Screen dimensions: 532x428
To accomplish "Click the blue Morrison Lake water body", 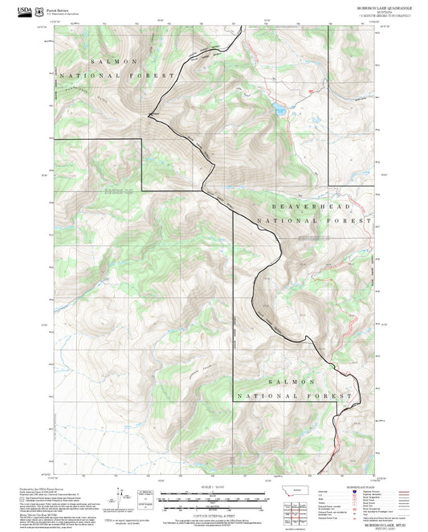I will click(x=277, y=106).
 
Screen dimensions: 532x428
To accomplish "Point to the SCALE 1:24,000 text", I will click(x=214, y=487).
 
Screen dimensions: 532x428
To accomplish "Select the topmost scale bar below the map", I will click(x=214, y=493).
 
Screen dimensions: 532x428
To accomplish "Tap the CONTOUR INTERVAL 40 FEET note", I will click(x=214, y=514).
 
